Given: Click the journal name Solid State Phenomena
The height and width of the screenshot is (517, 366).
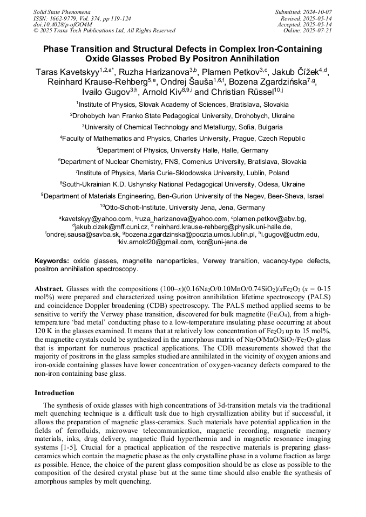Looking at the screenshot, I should click(x=62, y=11).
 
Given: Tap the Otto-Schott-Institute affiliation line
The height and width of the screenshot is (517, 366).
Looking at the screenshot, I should click(x=183, y=207).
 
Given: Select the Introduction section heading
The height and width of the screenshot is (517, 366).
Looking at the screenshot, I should click(x=55, y=393).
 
